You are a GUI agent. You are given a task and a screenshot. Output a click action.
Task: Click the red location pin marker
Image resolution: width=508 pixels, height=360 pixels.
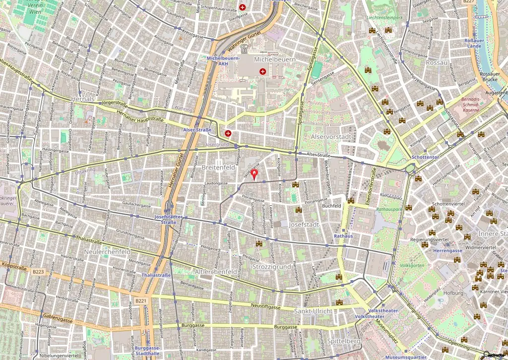pos(255,175)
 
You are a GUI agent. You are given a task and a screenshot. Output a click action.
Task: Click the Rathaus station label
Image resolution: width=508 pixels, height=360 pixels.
pos(343,236)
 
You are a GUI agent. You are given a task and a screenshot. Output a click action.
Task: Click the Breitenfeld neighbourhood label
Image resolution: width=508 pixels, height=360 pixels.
pos(218,168)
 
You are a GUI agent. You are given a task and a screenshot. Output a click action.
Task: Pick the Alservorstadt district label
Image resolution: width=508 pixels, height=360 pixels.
pos(331,136)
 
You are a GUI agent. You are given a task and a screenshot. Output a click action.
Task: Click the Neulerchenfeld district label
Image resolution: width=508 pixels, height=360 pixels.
pos(107,252)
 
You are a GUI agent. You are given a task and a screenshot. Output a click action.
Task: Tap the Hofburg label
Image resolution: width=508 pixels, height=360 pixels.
pos(453,293)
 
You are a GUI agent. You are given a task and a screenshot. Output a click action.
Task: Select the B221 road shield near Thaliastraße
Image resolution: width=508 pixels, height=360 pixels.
pos(140,301)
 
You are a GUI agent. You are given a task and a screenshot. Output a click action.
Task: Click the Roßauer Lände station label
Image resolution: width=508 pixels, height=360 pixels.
pos(473,43)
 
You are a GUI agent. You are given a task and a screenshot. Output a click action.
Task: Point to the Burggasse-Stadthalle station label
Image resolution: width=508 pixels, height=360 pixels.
pos(147,351)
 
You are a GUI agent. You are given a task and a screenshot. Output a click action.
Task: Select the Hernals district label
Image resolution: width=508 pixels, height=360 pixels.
pos(82,99)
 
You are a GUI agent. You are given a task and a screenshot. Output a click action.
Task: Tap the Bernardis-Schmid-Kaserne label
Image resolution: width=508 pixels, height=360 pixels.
pos(470,104)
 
